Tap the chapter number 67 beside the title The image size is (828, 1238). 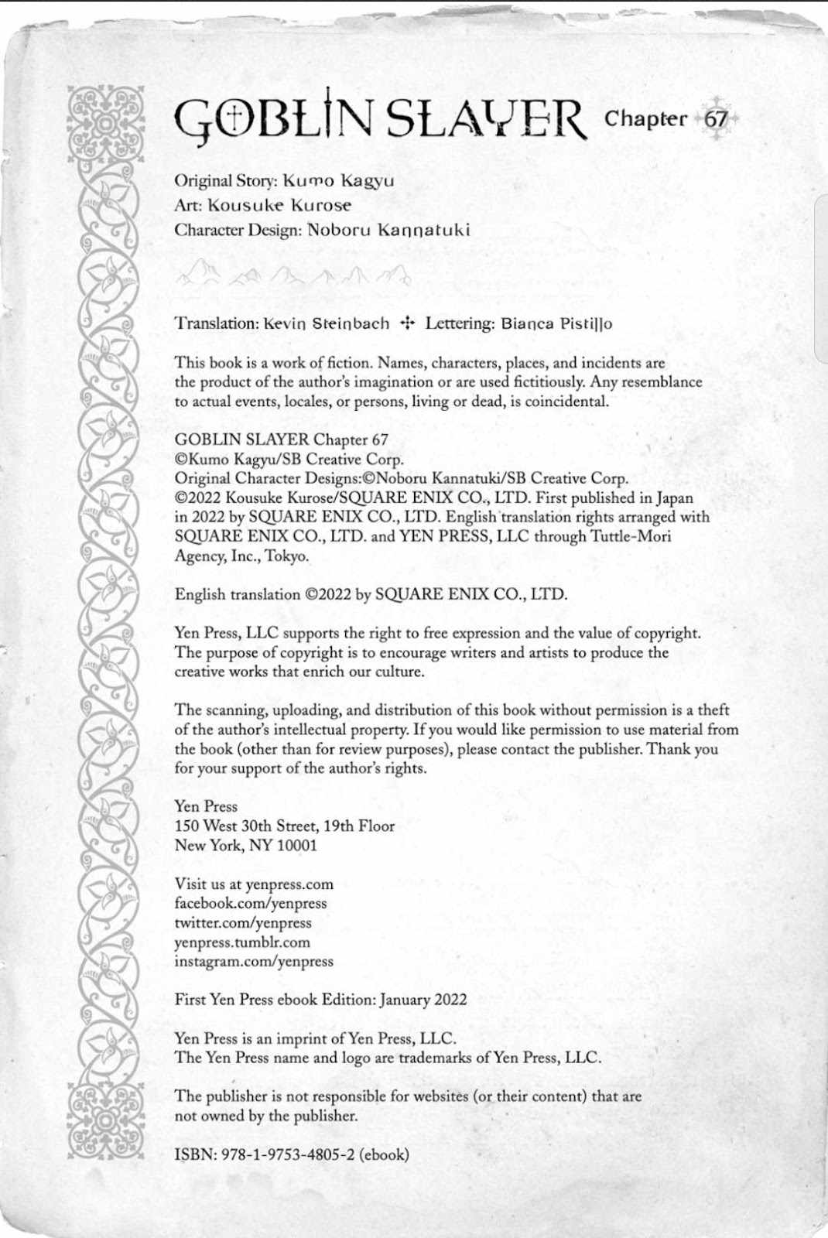717,119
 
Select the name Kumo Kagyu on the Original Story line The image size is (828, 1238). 338,181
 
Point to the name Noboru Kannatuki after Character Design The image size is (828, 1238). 388,231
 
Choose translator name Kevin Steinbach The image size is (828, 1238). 327,323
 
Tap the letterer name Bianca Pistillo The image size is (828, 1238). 556,323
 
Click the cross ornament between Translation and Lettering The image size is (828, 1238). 407,323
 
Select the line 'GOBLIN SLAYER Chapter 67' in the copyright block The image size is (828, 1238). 282,439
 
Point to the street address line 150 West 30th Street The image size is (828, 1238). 285,826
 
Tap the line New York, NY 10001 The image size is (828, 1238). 246,845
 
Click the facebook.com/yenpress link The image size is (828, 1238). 251,903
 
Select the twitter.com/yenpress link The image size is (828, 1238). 243,922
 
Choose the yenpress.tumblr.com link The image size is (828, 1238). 242,942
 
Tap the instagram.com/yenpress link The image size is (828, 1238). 254,961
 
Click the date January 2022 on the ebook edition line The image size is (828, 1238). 423,999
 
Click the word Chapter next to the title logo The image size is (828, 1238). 645,119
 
